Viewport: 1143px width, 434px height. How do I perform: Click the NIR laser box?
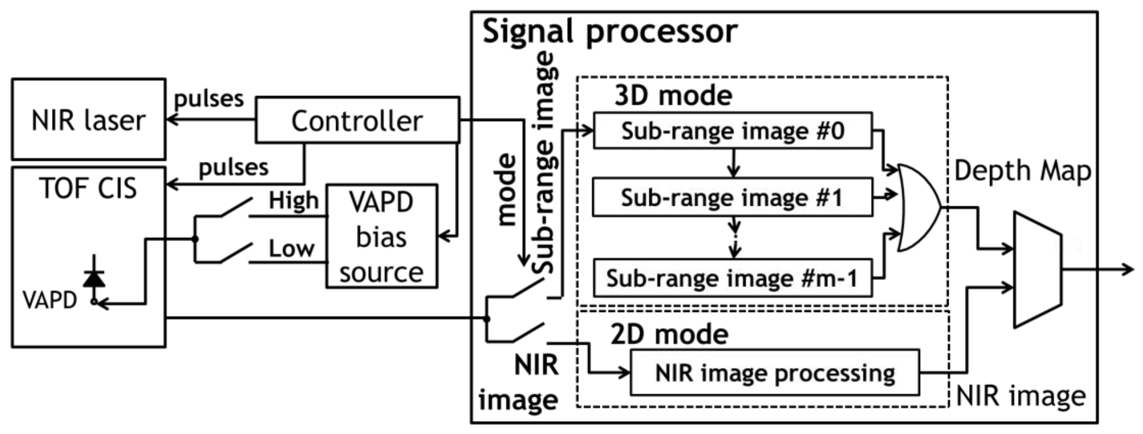[x=88, y=119]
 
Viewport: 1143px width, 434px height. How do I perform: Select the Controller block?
[x=357, y=120]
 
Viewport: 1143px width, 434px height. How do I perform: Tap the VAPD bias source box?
[x=382, y=237]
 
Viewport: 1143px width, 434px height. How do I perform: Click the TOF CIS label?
[x=88, y=188]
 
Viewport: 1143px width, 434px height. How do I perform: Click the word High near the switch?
[x=293, y=201]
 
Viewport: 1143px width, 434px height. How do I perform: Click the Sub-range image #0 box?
[x=733, y=131]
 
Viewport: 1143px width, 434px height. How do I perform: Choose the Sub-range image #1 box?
[x=733, y=197]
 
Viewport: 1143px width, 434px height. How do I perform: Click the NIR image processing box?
[x=775, y=373]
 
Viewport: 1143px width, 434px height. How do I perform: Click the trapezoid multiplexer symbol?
[x=1037, y=270]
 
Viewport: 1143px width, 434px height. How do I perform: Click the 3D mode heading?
[x=673, y=96]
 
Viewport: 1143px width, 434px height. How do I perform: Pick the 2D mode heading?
[x=669, y=334]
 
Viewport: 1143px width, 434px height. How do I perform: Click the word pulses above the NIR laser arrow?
[x=209, y=99]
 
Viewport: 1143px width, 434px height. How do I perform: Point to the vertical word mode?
[x=506, y=190]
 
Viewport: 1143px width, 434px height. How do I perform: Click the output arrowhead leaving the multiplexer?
[x=1127, y=269]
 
